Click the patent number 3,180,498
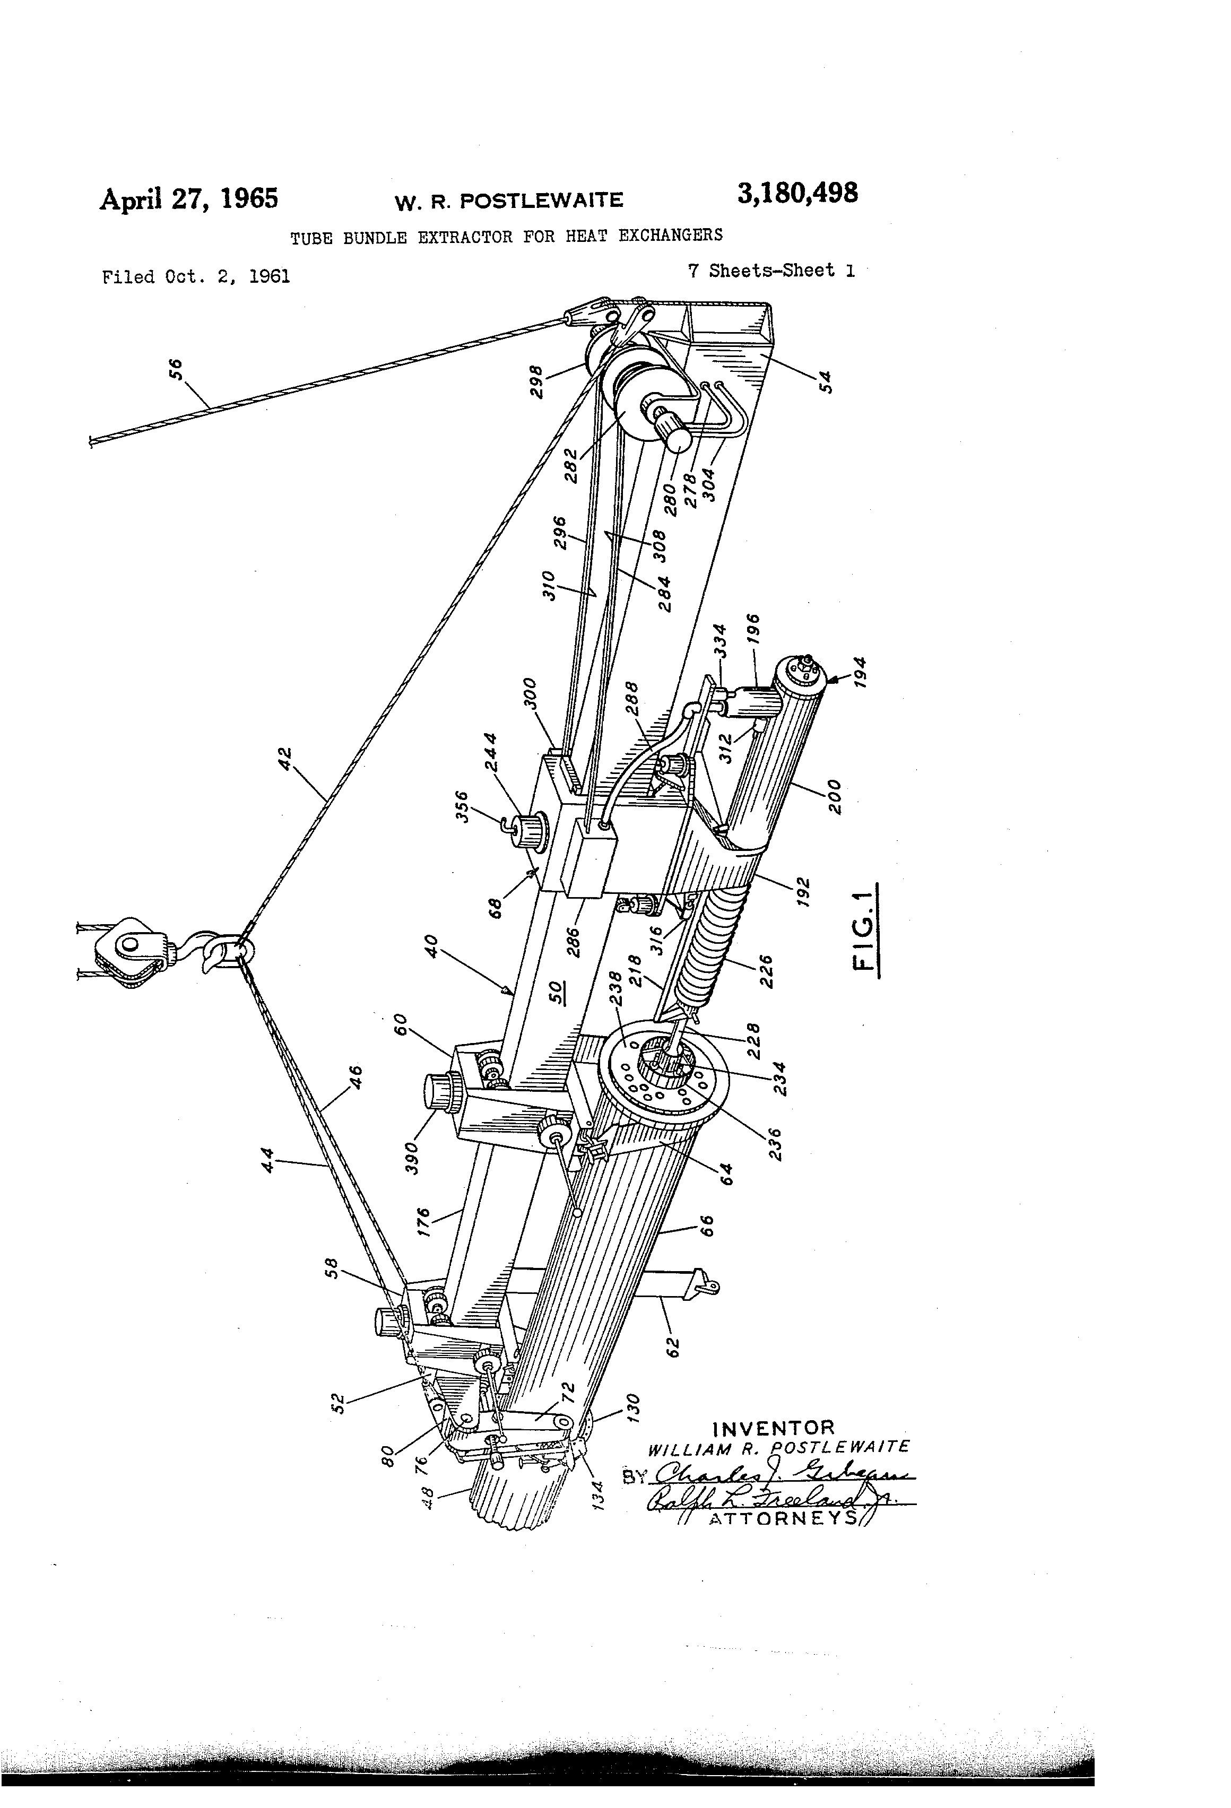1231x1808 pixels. click(x=797, y=193)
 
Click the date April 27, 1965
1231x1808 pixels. click(x=188, y=198)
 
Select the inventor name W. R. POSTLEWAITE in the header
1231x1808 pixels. click(x=509, y=202)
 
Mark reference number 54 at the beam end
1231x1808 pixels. click(x=826, y=381)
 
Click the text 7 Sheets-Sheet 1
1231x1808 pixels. click(x=770, y=271)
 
